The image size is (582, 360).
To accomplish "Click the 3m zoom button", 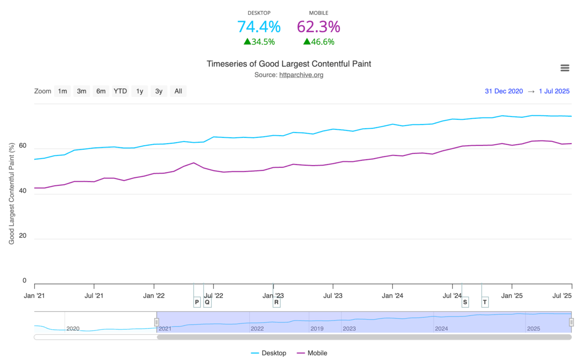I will (x=81, y=91).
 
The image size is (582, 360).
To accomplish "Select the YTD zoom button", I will (x=120, y=91).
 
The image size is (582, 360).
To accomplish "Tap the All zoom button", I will (x=178, y=91).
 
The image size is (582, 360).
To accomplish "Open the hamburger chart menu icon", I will (x=565, y=68).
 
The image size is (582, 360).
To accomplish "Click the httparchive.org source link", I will (x=301, y=75).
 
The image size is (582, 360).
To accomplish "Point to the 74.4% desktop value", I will (x=259, y=27).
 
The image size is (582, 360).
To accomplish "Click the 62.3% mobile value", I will (x=318, y=27).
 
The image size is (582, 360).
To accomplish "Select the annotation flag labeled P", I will (x=197, y=302).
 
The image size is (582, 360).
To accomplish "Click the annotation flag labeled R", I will (x=276, y=302).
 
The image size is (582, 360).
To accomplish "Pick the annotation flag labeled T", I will (x=485, y=302).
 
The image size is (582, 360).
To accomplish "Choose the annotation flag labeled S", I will (x=465, y=302).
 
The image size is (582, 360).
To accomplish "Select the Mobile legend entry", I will (x=312, y=353).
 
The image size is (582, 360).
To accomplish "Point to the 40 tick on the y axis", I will (x=23, y=191).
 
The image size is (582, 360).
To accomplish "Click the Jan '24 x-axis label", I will (x=392, y=296).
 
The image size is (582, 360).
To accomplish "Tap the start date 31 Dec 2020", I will (x=503, y=91).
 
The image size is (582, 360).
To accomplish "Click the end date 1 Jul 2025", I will (x=554, y=91).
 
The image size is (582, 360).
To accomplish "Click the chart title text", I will (x=289, y=64).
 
